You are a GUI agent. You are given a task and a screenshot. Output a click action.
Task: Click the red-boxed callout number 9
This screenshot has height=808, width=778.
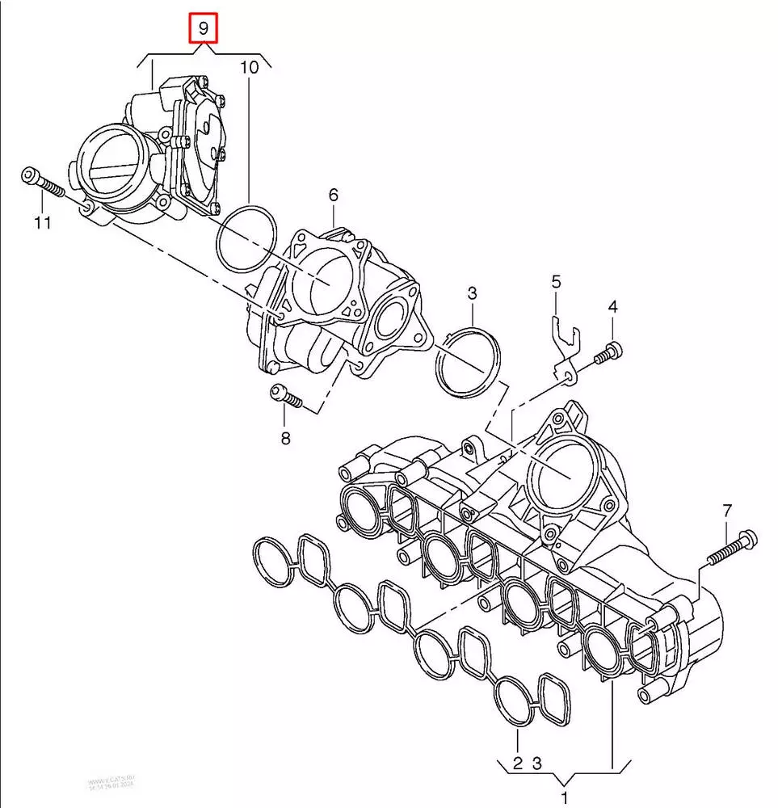[x=203, y=31]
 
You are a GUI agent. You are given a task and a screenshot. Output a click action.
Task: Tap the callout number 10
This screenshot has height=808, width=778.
[x=249, y=68]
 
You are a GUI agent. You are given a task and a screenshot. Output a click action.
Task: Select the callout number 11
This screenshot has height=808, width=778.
[x=42, y=222]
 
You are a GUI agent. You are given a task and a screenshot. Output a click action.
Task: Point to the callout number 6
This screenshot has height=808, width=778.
[x=333, y=195]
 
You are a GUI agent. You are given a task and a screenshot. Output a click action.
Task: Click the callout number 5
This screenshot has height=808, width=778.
[x=556, y=282]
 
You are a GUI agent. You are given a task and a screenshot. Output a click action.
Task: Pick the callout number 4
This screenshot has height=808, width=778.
[x=612, y=307]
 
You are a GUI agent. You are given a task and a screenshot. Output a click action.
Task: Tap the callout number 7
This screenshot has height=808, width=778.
[x=726, y=511]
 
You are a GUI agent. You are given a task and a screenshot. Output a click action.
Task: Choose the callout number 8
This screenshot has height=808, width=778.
[x=284, y=440]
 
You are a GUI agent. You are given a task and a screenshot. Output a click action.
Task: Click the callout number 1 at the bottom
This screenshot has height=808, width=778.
[x=565, y=798]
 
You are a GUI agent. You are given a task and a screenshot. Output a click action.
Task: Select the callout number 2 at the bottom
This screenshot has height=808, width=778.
[x=518, y=762]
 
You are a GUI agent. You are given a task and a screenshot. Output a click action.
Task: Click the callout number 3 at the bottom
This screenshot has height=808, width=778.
[x=537, y=762]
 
